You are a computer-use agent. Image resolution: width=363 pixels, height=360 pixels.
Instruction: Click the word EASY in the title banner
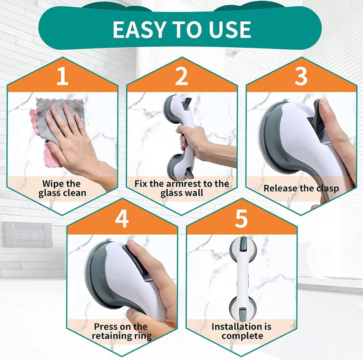137,29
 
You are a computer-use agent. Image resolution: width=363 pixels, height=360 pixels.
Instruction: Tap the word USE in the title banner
229,29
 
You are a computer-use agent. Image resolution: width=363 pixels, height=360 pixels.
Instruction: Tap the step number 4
122,219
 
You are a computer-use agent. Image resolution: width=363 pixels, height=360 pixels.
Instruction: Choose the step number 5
241,219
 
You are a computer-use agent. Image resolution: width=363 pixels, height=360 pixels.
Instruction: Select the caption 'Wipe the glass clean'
62,188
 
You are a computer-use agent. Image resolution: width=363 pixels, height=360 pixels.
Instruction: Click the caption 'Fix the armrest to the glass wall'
181,188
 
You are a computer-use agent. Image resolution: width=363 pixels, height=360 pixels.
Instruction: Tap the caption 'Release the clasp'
301,188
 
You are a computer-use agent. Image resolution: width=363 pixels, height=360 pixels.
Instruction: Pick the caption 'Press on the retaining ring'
121,331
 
